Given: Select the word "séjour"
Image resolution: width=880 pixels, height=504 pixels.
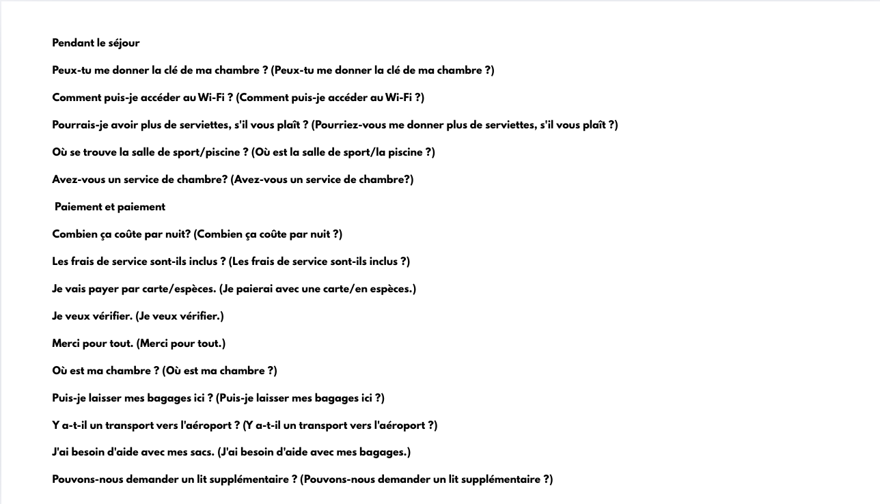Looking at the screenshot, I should click(x=124, y=43).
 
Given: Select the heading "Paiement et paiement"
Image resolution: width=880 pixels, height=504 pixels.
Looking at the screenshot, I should click(x=110, y=207).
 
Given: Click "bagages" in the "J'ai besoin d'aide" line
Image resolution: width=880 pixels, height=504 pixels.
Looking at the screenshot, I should click(x=385, y=452).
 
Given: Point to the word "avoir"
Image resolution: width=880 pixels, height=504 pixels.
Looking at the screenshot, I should click(x=127, y=125).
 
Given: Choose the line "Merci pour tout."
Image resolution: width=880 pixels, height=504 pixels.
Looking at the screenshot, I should click(x=139, y=344).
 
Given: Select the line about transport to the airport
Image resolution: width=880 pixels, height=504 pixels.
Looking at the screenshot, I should click(x=245, y=425).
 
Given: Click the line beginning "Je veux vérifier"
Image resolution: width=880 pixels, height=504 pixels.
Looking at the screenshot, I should click(x=138, y=316).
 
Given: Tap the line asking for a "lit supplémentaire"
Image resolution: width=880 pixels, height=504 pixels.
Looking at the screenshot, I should click(x=302, y=479).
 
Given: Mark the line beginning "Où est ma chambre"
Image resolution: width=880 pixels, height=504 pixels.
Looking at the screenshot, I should click(x=165, y=371).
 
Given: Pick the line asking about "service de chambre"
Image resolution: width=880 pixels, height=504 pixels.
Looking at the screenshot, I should click(x=232, y=180).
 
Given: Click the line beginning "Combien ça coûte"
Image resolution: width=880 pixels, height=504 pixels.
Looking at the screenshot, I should click(x=197, y=234).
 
